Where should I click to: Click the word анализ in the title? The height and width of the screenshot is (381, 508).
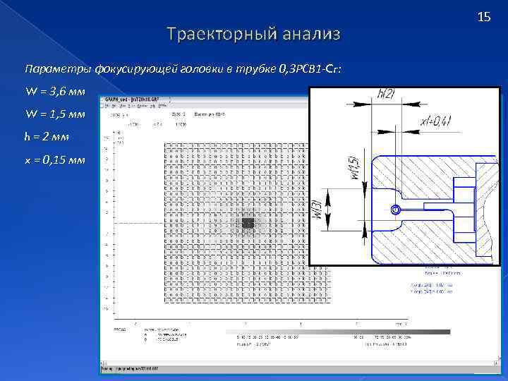tap(311, 34)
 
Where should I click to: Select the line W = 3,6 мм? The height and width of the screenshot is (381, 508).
tap(55, 92)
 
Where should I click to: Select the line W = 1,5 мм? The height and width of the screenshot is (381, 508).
tap(55, 114)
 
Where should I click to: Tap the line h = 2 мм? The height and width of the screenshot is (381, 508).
tap(48, 137)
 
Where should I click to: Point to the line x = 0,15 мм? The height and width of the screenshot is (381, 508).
tap(55, 159)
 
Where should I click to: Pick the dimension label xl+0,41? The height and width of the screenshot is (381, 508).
tap(435, 123)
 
